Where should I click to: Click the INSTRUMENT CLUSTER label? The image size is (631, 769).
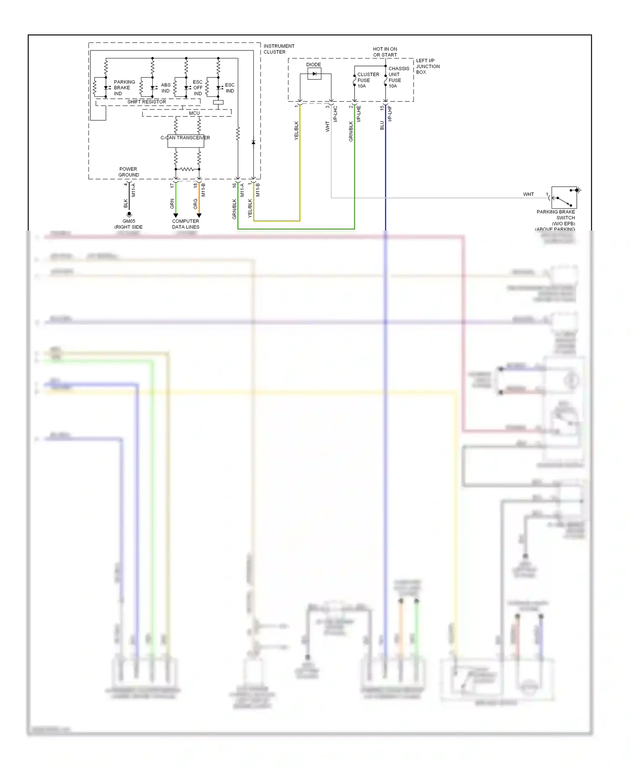click(278, 49)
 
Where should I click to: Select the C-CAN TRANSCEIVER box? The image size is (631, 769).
click(186, 141)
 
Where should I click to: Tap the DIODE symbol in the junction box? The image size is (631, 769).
click(314, 74)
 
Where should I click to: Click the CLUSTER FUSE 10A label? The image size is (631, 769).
click(368, 80)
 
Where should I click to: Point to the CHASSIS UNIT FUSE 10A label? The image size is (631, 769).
click(398, 77)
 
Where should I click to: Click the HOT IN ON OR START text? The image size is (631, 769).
click(384, 52)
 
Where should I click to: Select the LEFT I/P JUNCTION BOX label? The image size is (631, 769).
click(427, 66)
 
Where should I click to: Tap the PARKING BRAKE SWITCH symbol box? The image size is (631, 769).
click(564, 197)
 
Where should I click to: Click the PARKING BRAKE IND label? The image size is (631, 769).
click(124, 88)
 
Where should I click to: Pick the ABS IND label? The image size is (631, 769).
click(166, 88)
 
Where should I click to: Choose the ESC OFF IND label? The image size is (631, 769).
click(197, 88)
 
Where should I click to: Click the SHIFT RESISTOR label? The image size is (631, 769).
click(146, 102)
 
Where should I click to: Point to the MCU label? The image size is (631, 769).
click(194, 113)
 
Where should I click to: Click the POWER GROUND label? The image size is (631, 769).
click(128, 172)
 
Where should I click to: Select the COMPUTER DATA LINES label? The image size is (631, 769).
click(186, 224)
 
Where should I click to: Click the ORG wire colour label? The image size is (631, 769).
click(196, 204)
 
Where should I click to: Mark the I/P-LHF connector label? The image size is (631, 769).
click(390, 114)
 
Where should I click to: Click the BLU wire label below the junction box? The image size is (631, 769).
click(382, 125)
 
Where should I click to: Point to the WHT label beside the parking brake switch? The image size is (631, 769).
click(528, 194)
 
